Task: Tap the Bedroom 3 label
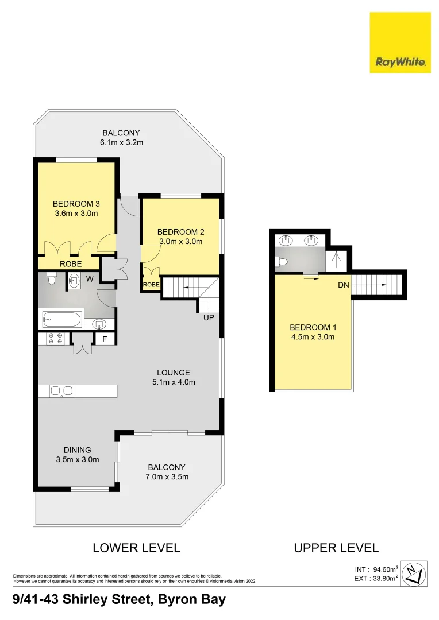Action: [x=75, y=204]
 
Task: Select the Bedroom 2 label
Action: [x=181, y=232]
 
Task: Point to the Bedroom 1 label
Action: [x=313, y=328]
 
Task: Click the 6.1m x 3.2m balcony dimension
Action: [x=121, y=142]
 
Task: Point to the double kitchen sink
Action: [x=61, y=391]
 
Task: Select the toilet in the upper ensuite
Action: [x=281, y=262]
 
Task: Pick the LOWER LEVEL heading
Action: [x=136, y=548]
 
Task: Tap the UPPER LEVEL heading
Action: [x=336, y=548]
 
